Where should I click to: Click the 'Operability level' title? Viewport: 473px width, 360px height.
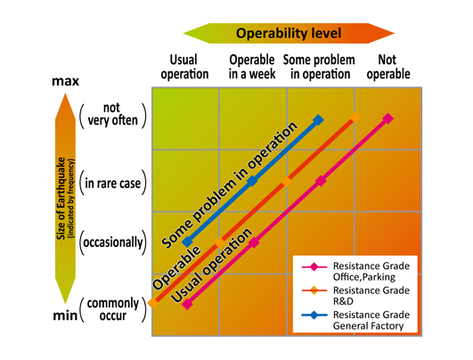(x=289, y=33)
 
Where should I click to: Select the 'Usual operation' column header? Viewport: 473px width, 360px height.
(x=184, y=67)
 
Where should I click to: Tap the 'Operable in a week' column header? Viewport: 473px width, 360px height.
(x=252, y=67)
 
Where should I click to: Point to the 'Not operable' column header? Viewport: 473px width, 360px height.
(x=388, y=67)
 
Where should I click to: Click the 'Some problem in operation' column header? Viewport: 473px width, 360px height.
(x=319, y=67)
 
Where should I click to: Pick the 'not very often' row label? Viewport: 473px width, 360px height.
(x=112, y=114)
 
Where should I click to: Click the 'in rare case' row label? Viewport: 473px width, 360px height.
(x=113, y=184)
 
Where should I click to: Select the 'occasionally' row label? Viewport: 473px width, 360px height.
(x=113, y=242)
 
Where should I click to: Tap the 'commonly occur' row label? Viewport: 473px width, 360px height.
(x=113, y=309)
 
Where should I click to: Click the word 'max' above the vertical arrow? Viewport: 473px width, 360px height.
(x=65, y=81)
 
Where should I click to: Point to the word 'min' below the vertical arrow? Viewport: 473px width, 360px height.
(x=65, y=315)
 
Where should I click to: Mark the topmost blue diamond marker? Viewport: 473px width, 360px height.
(x=318, y=120)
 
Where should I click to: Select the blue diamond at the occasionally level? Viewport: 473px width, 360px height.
(x=188, y=242)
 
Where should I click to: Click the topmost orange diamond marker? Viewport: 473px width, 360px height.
(x=355, y=118)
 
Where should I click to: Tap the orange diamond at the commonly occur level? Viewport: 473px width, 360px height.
(x=153, y=302)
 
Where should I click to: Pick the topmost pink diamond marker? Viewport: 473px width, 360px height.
(x=388, y=119)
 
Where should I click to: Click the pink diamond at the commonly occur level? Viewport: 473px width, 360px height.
(x=187, y=304)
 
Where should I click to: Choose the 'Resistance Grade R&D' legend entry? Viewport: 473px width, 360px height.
(x=356, y=296)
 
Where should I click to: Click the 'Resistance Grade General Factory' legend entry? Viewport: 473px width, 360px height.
(x=356, y=320)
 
